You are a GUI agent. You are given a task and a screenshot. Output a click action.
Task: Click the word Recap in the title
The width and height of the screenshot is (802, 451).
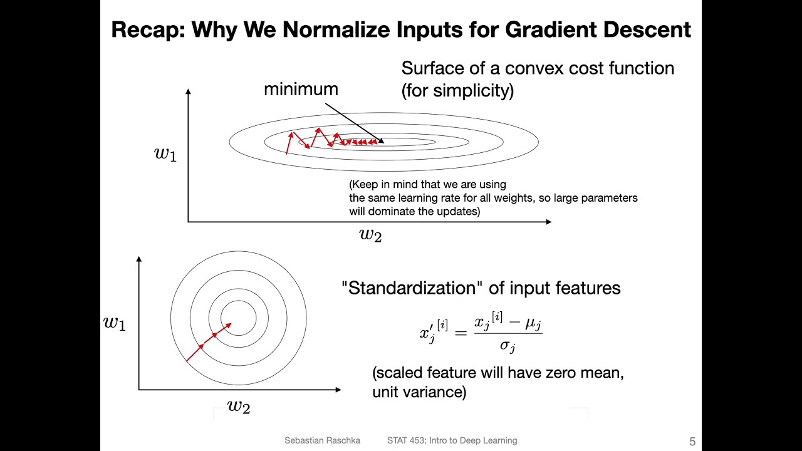click(148, 30)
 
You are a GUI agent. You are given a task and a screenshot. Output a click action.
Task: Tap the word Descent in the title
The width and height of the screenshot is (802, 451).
click(647, 29)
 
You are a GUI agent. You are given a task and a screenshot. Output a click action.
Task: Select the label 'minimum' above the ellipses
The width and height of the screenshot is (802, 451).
click(301, 89)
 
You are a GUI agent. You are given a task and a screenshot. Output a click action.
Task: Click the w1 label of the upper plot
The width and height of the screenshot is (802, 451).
click(165, 154)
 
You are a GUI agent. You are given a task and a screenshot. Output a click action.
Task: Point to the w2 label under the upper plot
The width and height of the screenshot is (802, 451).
click(370, 235)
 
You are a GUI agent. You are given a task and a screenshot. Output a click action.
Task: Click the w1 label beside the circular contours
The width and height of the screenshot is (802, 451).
click(115, 323)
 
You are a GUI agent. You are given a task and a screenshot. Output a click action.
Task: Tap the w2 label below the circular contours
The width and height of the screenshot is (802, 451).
click(239, 407)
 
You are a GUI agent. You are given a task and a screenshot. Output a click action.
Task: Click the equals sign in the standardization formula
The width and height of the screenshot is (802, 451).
click(461, 333)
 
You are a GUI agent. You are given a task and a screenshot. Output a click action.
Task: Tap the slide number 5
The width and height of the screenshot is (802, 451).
click(692, 441)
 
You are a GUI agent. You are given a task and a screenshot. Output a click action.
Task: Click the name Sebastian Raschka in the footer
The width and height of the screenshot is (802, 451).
click(322, 440)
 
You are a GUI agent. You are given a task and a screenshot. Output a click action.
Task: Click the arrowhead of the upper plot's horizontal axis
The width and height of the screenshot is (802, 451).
click(549, 222)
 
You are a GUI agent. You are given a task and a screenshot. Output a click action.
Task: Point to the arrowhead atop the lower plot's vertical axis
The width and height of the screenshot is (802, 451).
click(139, 259)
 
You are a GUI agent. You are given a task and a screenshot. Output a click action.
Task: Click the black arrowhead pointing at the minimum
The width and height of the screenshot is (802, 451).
click(382, 141)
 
